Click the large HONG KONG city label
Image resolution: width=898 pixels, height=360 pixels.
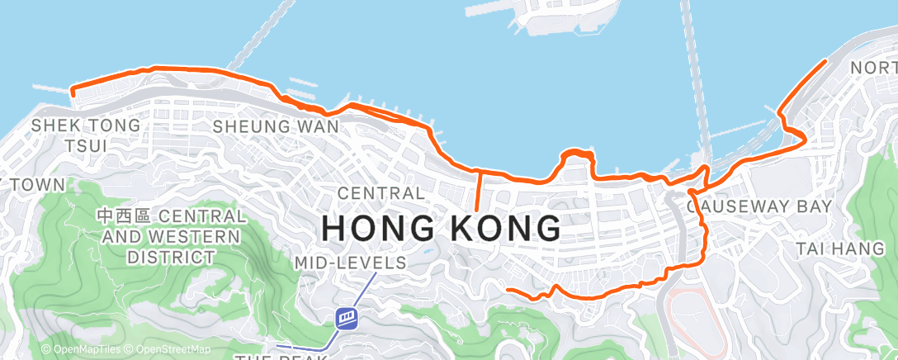(x=440, y=227)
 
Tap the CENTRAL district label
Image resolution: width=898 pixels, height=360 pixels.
(x=381, y=194)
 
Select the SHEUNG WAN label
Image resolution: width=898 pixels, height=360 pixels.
(x=276, y=127)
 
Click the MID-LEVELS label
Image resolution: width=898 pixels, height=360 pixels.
(x=351, y=263)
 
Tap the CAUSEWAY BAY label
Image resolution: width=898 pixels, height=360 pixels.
(x=759, y=206)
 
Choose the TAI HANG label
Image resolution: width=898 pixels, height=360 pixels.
(x=839, y=249)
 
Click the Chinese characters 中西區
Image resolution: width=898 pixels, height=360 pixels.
(x=124, y=216)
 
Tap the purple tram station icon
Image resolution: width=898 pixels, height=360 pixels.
(x=347, y=317)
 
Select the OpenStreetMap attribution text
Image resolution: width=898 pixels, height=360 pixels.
(x=168, y=349)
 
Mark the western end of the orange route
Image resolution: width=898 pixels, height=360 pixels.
(x=73, y=91)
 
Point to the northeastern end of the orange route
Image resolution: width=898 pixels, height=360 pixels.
(x=825, y=61)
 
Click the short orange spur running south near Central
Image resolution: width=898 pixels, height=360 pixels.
(x=479, y=192)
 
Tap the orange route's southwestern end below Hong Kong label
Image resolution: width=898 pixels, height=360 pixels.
(x=507, y=290)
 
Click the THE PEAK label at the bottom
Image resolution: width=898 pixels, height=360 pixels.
(x=280, y=357)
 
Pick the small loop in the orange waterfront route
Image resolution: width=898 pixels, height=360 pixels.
(x=578, y=154)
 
